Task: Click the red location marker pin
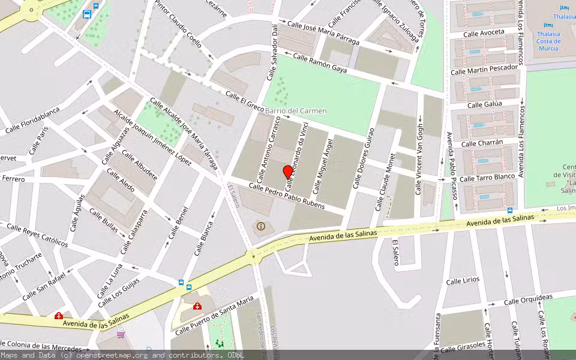(287, 172)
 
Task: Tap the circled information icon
(260, 226)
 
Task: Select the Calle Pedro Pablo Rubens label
(287, 196)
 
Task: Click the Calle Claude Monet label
(386, 182)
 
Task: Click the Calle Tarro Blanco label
(487, 178)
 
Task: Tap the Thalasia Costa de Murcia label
(548, 41)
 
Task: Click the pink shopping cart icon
(121, 334)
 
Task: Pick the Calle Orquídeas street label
(528, 299)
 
